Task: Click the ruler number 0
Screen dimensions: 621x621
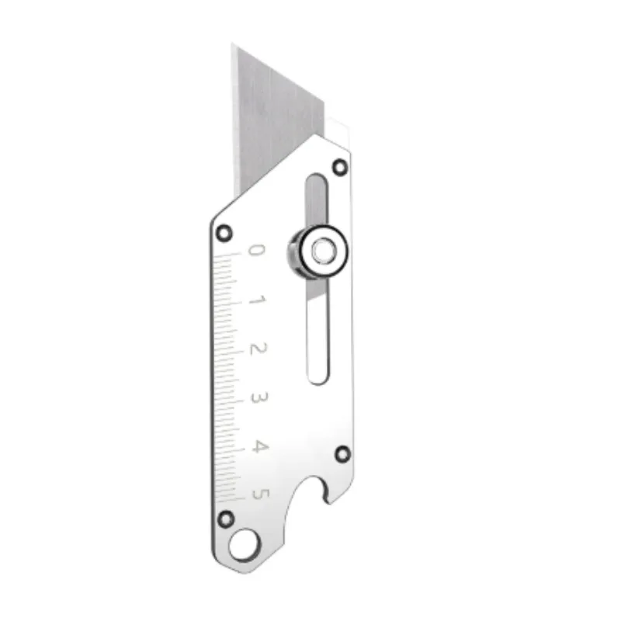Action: click(256, 251)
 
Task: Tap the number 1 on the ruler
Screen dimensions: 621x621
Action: click(258, 300)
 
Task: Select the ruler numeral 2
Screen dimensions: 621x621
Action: click(258, 349)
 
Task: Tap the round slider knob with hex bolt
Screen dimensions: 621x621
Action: click(319, 252)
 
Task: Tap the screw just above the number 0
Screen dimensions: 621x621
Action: click(224, 231)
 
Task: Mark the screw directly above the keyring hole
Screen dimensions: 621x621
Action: click(226, 518)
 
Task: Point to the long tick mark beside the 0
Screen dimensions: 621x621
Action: click(227, 253)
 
